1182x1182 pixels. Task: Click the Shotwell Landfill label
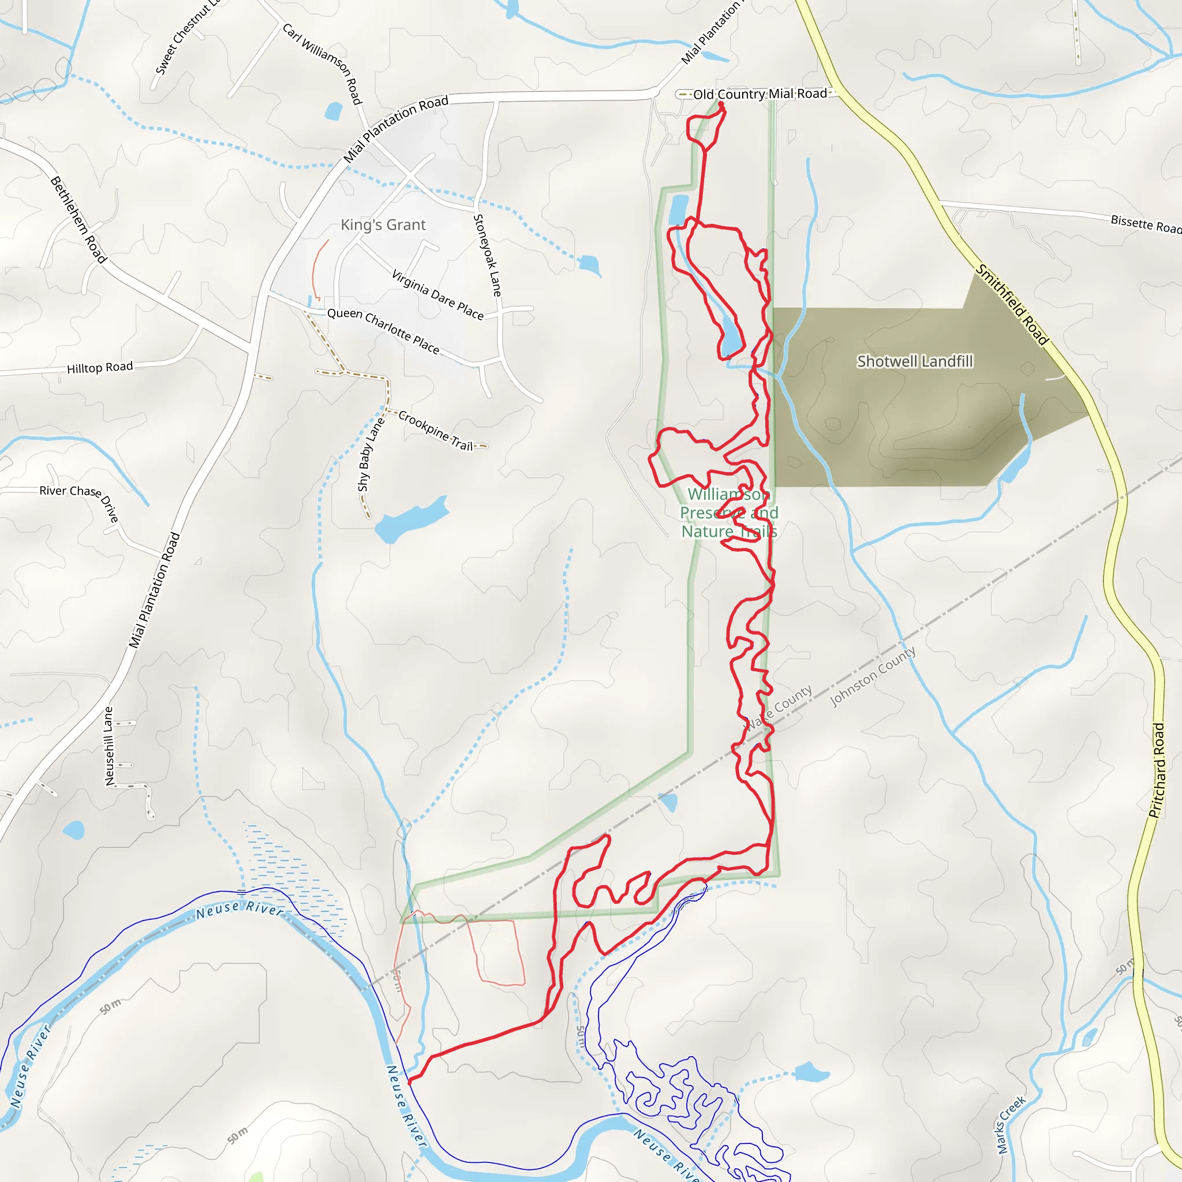click(x=914, y=361)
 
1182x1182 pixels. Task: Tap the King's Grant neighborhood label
click(x=383, y=225)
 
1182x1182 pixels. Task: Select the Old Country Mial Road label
click(x=760, y=94)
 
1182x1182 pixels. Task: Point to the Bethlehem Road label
click(x=78, y=219)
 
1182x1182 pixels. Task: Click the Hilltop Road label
click(x=100, y=368)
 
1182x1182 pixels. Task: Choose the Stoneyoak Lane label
click(x=488, y=256)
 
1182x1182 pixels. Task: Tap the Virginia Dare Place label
click(x=437, y=295)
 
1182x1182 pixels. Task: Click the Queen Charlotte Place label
click(x=383, y=331)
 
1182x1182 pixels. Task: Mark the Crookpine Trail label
click(x=436, y=431)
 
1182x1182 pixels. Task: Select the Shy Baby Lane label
click(x=370, y=454)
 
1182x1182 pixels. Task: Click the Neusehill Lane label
click(x=109, y=746)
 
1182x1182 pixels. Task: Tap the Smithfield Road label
click(x=1012, y=305)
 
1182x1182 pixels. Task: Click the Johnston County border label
click(x=873, y=676)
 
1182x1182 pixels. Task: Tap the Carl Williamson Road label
click(x=323, y=63)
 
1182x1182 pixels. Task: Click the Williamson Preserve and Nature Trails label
click(x=729, y=513)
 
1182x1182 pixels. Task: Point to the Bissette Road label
click(x=1145, y=224)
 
